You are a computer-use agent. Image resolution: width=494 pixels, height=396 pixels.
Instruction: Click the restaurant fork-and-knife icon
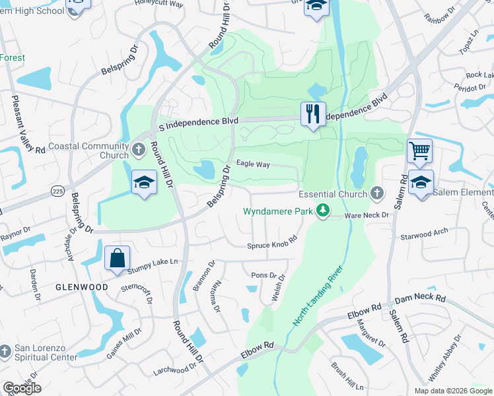(313, 114)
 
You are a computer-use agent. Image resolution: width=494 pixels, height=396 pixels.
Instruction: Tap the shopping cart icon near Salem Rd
(419, 151)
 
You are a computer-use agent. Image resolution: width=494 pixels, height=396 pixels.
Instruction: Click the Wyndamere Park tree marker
(323, 211)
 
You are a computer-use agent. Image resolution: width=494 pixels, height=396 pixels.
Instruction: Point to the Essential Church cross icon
(376, 193)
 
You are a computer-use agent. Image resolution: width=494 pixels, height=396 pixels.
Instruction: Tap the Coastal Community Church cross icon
(139, 149)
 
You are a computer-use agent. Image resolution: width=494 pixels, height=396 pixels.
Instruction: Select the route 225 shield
(57, 190)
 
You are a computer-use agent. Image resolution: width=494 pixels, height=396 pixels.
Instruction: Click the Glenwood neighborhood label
(82, 287)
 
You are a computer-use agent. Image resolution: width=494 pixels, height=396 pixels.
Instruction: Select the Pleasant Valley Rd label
(28, 125)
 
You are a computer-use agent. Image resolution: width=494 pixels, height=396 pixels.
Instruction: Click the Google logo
(22, 387)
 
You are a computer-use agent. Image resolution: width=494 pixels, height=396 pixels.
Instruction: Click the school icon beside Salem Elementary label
(420, 183)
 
